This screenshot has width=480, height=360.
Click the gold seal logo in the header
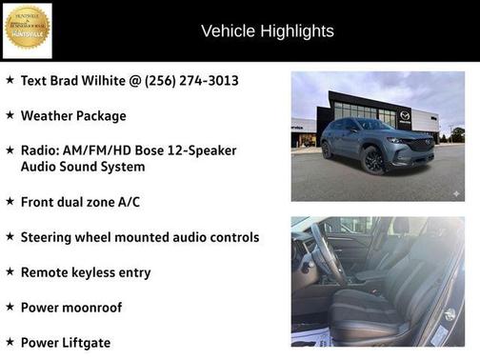pos(27,30)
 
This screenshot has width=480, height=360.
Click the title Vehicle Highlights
pos(268,31)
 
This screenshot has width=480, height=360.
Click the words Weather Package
pos(73,116)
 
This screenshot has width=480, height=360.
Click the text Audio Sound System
pos(83,167)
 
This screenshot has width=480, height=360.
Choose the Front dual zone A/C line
pos(80,202)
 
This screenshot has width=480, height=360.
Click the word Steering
pos(49,237)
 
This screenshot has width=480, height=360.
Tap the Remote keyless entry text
pos(86,272)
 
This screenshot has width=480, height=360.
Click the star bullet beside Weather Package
pos(10,115)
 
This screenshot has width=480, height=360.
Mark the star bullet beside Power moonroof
pos(10,307)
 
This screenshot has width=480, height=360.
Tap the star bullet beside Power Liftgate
pos(10,341)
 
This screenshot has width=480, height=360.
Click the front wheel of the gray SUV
pos(372,160)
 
